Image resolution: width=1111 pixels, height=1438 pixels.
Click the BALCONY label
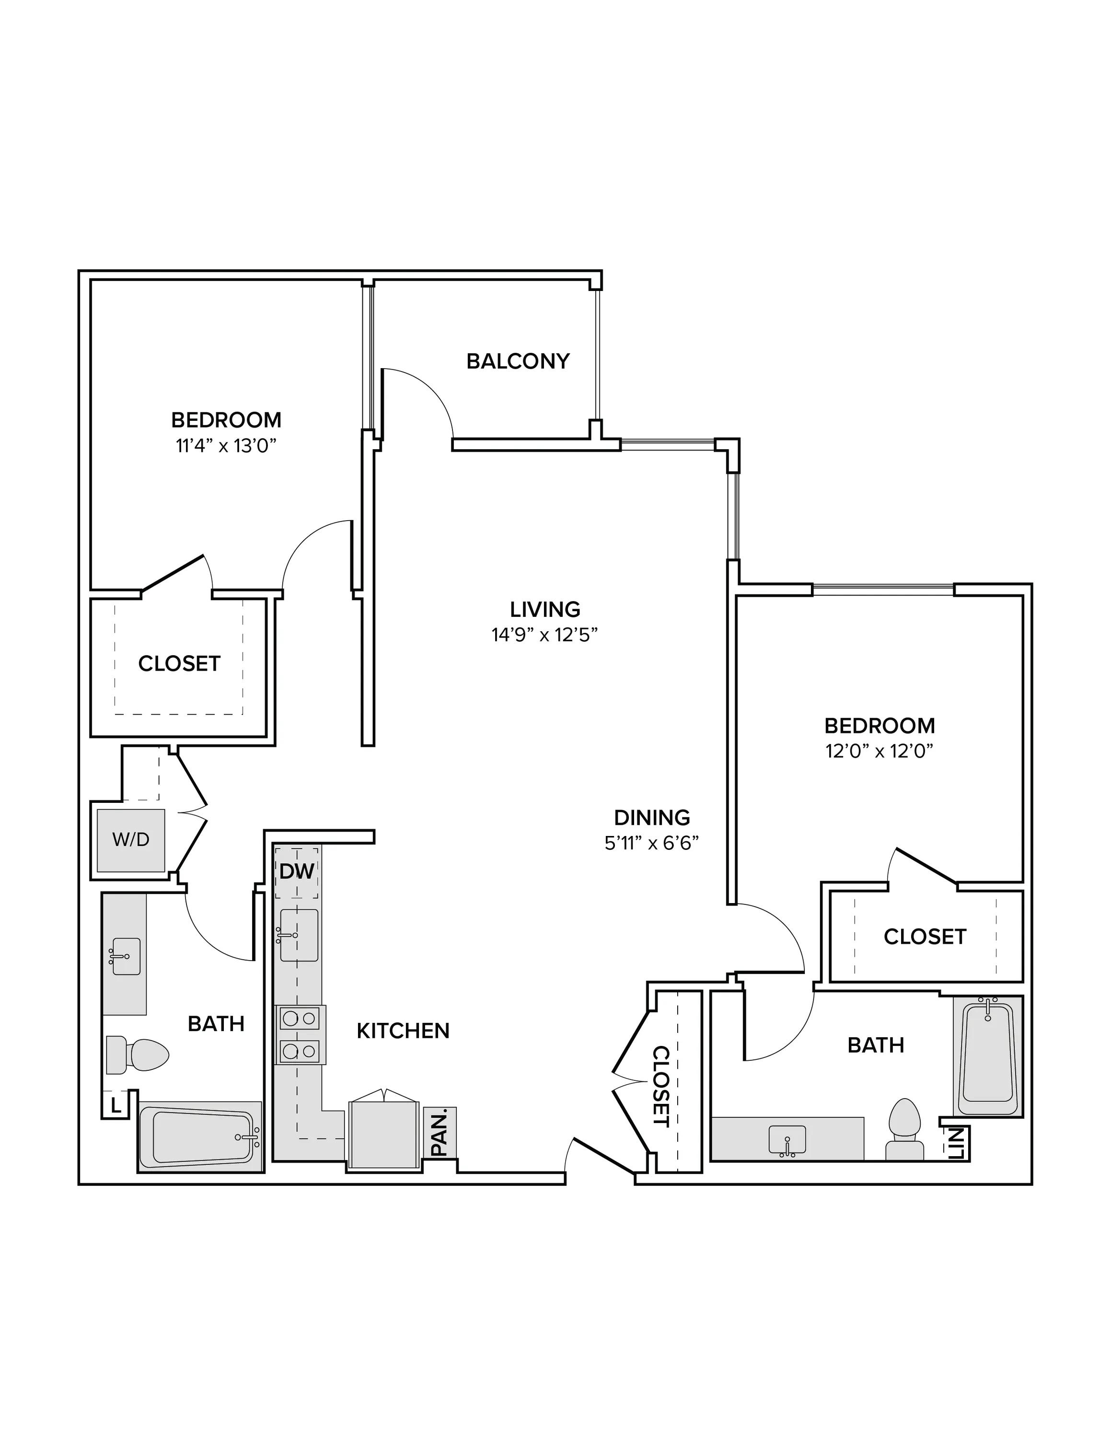coord(518,361)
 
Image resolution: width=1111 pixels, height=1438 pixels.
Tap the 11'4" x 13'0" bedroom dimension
coord(226,446)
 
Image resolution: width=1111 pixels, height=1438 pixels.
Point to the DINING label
coord(651,818)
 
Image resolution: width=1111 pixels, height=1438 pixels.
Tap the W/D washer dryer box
coord(131,840)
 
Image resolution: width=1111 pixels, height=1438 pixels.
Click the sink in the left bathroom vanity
coord(126,957)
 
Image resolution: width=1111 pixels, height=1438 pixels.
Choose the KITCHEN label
coord(403,1031)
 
